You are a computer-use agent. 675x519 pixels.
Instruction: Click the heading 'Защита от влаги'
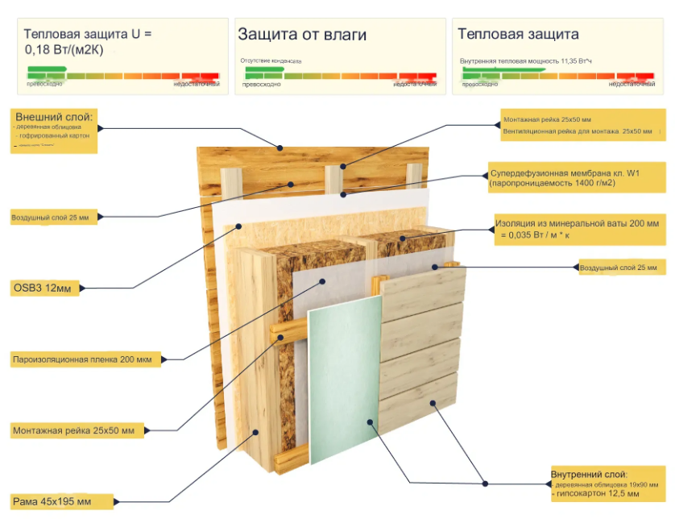[x=302, y=35]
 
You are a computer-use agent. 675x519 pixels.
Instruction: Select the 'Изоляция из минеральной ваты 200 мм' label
[x=579, y=222]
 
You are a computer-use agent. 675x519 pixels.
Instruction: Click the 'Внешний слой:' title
[x=53, y=117]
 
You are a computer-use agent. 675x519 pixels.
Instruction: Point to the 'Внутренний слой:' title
[x=589, y=474]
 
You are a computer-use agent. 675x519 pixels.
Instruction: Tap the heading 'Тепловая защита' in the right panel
[x=518, y=35]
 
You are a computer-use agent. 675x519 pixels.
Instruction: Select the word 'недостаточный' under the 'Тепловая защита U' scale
[x=197, y=84]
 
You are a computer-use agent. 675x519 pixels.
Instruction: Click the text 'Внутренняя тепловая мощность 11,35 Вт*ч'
[x=525, y=61]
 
